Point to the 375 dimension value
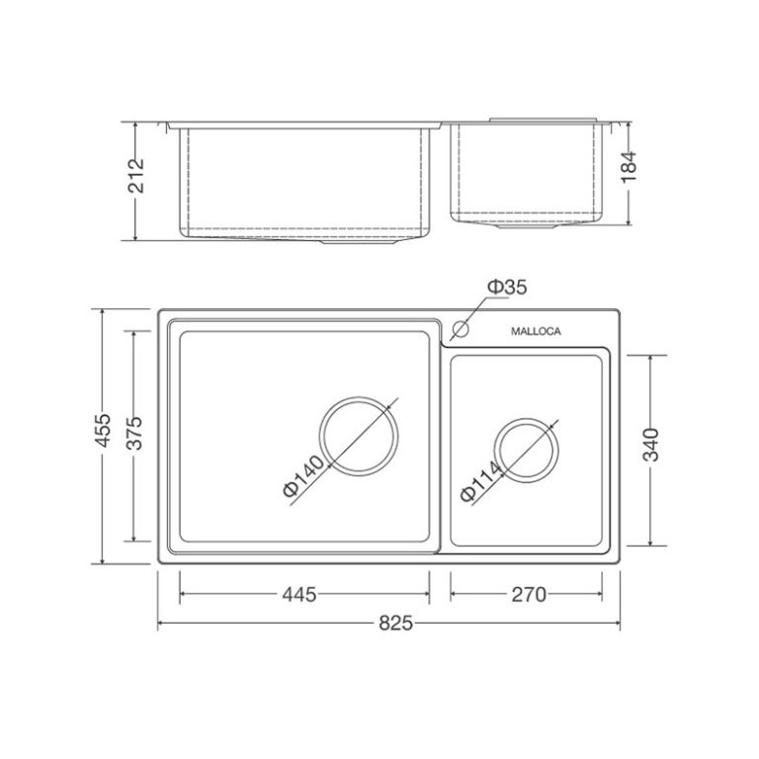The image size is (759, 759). pos(137,436)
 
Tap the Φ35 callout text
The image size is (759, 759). pos(506,288)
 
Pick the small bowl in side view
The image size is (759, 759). pos(526,173)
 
